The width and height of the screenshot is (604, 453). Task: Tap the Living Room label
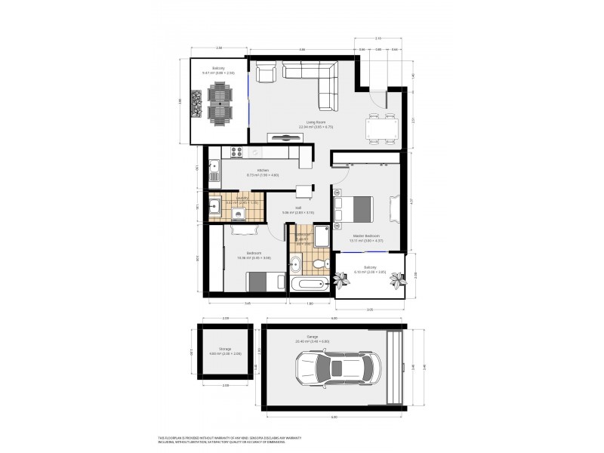coord(310,125)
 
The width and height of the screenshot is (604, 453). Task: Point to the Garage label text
coord(312,337)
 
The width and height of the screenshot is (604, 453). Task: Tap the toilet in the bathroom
coord(321,262)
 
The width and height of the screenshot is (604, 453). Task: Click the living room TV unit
coord(289,137)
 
